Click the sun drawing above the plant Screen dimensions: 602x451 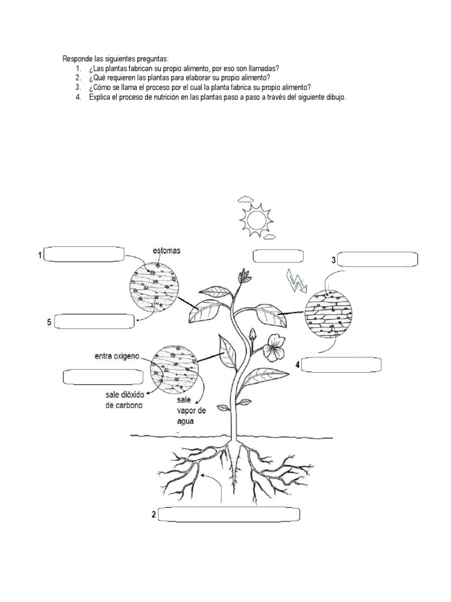click(256, 220)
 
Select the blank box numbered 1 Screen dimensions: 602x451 click(84, 255)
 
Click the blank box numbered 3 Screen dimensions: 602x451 click(378, 259)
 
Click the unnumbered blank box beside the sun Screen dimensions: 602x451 click(278, 256)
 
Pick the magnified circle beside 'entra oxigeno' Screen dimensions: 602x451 click(174, 369)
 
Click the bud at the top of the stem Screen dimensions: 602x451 click(243, 276)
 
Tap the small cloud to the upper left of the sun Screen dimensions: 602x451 click(245, 199)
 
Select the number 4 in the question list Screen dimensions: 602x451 click(78, 97)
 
